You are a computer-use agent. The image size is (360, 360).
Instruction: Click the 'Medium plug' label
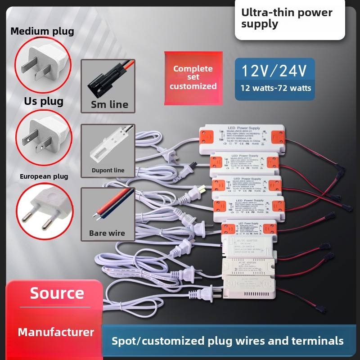42,31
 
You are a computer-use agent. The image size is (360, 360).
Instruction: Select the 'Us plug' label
44,101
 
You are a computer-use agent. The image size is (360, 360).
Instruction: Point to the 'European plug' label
44,176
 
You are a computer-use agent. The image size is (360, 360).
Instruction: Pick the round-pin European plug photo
44,210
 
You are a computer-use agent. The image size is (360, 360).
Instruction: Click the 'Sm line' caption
109,105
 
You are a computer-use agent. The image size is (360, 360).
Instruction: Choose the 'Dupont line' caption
108,171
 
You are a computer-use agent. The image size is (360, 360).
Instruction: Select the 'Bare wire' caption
107,233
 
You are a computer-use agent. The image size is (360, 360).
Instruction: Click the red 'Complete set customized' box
193,77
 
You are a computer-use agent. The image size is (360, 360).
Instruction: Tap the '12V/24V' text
274,71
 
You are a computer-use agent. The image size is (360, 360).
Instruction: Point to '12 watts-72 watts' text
275,88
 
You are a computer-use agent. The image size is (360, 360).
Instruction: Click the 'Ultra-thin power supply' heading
287,18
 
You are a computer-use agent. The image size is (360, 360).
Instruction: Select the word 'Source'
57,293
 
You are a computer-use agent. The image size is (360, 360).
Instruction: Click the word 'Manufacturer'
56,333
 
